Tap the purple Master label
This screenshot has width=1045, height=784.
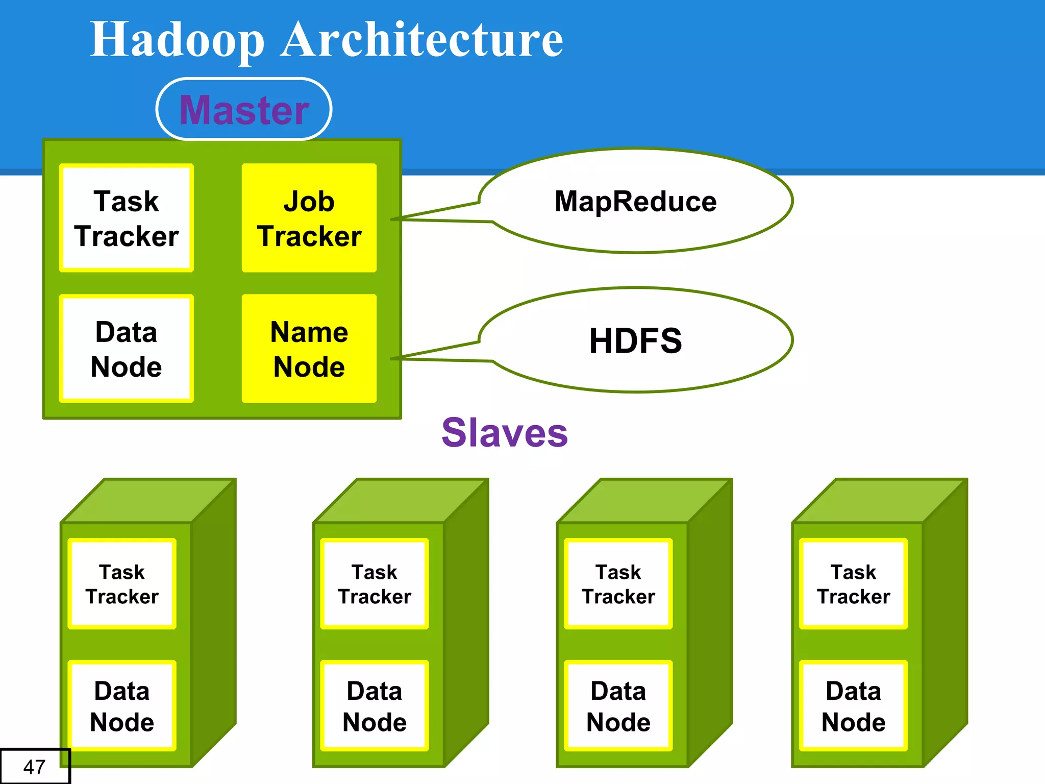tap(244, 109)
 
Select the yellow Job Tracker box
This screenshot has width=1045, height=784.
tap(309, 218)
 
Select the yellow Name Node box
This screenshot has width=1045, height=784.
tap(309, 349)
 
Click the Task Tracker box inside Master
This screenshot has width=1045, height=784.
tap(126, 218)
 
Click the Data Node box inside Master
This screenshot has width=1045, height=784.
tap(126, 349)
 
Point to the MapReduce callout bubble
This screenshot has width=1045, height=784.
tap(635, 201)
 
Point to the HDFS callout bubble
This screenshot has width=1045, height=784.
tap(635, 340)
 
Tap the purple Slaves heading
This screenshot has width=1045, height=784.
tap(504, 432)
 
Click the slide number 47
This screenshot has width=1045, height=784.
tap(34, 767)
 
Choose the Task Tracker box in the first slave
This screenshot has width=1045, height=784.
tap(122, 584)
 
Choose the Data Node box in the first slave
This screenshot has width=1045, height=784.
tap(122, 706)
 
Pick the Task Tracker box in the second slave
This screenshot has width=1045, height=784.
tap(375, 584)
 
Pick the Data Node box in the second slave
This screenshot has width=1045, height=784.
tap(375, 706)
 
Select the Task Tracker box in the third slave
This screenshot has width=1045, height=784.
tap(618, 584)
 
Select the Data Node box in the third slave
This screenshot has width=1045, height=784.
tap(618, 706)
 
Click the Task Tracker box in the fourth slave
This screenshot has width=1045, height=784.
tap(853, 584)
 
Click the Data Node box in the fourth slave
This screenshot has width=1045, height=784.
tap(853, 706)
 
